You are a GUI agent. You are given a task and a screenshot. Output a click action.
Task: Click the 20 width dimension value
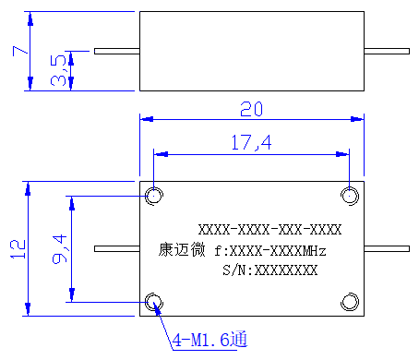pos(251,109)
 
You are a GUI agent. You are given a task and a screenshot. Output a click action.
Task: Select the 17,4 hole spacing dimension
pos(251,142)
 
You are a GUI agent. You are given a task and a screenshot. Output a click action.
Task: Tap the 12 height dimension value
pos(18,249)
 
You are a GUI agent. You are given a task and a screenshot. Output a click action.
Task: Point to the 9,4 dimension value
pos(59,249)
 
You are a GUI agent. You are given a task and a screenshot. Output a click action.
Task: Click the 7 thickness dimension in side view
pos(19,51)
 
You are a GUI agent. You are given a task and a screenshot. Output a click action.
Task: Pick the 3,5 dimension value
pos(58,70)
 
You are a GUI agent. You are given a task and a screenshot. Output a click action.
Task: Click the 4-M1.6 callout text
pos(209,340)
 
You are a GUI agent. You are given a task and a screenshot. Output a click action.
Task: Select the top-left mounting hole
pos(154,196)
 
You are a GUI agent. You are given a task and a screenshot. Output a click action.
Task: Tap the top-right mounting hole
pos(350,196)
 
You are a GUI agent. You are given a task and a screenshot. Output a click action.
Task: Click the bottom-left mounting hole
pos(154,302)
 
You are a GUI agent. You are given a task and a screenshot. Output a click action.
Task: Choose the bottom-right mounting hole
pos(350,302)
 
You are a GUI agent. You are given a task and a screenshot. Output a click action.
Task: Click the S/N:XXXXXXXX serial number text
pos(270,270)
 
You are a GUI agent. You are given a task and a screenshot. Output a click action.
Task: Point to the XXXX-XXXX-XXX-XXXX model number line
pos(269,230)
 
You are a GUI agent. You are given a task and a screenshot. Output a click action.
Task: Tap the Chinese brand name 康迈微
pos(182,249)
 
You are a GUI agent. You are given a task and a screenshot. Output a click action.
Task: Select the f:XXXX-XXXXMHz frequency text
pos(270,251)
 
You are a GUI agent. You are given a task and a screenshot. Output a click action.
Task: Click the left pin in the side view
pos(117,51)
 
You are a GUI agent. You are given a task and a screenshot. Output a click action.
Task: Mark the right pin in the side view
pos(387,51)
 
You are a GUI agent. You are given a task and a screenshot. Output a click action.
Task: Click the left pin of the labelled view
pos(117,248)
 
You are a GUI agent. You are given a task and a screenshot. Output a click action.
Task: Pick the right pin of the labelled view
pos(387,248)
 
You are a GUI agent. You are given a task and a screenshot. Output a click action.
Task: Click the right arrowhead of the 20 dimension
pos(357,119)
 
